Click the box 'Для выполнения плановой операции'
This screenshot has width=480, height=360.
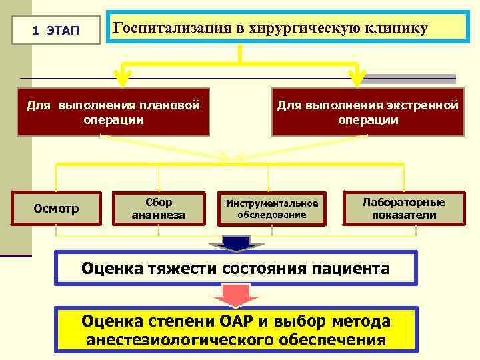113,113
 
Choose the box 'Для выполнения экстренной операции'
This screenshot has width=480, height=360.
367,113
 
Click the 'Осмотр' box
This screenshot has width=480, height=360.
56,209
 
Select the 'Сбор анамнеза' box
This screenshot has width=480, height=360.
158,209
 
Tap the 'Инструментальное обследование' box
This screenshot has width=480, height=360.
272,209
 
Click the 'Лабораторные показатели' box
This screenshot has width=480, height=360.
403,208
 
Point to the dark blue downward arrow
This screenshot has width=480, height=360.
237,243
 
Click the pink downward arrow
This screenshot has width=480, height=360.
237,295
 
